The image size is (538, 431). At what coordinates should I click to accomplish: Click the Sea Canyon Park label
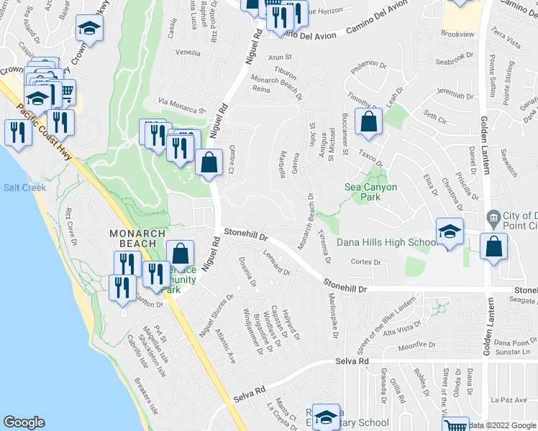[370, 193]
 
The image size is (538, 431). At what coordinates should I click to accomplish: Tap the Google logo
[24, 422]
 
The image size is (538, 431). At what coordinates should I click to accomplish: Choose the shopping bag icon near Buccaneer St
[368, 122]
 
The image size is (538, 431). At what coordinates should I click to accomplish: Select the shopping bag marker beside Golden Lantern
[493, 246]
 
